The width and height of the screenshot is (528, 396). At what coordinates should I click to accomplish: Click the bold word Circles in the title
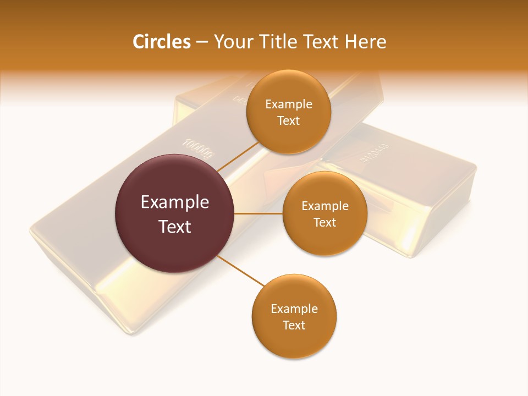pos(161,42)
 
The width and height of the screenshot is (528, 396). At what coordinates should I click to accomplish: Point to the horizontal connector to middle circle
pos(258,213)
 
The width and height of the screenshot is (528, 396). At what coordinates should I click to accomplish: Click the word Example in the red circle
pos(175,202)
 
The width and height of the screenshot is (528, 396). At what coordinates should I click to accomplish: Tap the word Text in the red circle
pos(175,227)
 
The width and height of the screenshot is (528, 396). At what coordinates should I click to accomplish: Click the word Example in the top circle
pos(288,105)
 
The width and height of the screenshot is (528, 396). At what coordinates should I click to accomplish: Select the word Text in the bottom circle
pos(294,326)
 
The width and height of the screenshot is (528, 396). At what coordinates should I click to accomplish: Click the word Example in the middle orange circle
pos(324,206)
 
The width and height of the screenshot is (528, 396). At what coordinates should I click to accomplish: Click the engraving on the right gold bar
pos(375,153)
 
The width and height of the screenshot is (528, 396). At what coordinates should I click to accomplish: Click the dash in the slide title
pos(202,42)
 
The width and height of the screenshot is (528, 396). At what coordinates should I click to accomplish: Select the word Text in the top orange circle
pos(288,121)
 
